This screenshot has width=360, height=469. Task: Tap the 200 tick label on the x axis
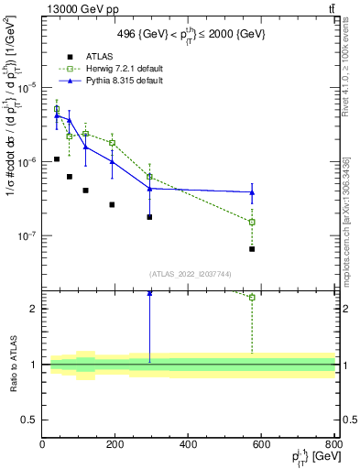coord(115,445)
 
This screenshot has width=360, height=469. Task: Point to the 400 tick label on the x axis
coord(189,445)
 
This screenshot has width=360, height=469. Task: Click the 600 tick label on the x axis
coord(261,445)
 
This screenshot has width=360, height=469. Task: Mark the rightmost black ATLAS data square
coord(252,249)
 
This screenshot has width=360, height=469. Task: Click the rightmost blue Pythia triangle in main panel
coord(252,192)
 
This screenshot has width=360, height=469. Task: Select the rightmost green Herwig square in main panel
coord(252,222)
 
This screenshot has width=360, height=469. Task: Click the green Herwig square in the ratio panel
coord(252,297)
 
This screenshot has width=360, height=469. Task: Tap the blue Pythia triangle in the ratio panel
coord(149,293)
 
